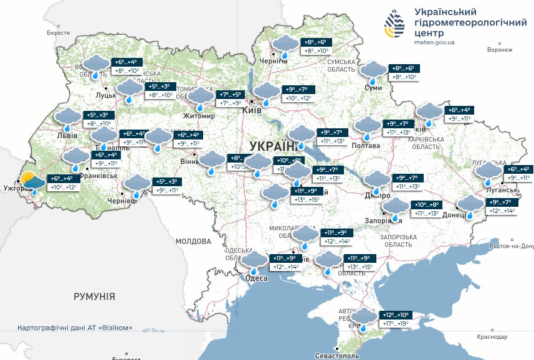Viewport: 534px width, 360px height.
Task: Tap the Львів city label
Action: [x=67, y=135]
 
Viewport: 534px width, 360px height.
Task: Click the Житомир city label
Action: [x=199, y=116]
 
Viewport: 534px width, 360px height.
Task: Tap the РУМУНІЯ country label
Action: [x=94, y=296]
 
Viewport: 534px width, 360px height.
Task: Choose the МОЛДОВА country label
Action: [x=193, y=241]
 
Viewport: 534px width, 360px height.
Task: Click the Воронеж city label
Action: [x=500, y=50]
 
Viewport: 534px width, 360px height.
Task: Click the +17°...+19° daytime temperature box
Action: [x=396, y=324]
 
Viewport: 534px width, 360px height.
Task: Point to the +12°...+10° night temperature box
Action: [x=396, y=315]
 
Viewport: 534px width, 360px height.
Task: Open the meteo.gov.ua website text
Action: [x=434, y=42]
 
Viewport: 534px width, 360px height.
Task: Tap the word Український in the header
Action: [x=446, y=12]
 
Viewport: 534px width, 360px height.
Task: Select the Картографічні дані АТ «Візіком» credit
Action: [x=75, y=328]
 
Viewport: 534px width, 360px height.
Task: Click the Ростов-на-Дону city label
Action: [x=511, y=246]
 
